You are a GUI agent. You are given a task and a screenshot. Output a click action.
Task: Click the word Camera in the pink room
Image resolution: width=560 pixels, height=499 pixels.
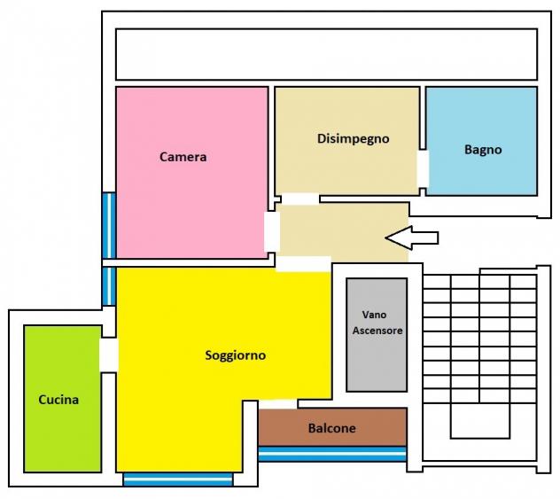(183, 157)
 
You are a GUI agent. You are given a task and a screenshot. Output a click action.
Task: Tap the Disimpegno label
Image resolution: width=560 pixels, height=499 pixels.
(354, 139)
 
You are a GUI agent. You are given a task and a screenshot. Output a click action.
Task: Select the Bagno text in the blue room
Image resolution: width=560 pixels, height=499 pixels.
(483, 150)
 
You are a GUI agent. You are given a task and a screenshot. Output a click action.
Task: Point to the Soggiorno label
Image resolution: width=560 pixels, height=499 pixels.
(236, 355)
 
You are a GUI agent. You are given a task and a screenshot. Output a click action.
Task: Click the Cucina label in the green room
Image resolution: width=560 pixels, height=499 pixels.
(58, 400)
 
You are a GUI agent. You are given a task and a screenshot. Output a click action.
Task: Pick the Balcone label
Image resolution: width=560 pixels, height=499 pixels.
(331, 428)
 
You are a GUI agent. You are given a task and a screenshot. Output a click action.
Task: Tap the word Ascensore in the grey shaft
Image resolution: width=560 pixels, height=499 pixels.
(377, 331)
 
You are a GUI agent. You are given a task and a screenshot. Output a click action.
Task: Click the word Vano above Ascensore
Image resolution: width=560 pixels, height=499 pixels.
(374, 315)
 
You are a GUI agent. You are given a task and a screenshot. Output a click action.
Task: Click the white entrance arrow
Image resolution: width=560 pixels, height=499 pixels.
(412, 238)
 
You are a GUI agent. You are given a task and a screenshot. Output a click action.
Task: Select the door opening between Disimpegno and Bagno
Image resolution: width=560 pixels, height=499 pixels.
(423, 168)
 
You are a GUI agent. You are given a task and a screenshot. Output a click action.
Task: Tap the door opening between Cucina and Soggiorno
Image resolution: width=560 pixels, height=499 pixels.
(109, 355)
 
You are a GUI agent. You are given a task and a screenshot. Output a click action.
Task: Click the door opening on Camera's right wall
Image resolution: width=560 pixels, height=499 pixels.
(272, 232)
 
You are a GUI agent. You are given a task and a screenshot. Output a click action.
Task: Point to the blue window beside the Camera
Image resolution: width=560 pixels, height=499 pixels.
(109, 225)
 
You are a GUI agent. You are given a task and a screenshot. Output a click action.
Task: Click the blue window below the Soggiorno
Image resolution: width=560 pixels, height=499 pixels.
(178, 480)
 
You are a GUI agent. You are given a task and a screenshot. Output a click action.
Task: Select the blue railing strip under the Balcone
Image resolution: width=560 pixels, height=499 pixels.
(332, 454)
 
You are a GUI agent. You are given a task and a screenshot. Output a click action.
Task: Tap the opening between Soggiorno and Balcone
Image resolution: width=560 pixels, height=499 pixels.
(278, 403)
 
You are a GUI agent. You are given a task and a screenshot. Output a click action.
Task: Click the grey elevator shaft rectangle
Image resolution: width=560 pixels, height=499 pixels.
(377, 335)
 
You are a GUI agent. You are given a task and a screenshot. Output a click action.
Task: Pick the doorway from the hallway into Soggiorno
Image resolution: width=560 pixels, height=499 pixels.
(304, 263)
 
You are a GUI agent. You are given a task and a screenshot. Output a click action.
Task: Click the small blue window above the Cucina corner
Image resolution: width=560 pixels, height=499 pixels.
(109, 286)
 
